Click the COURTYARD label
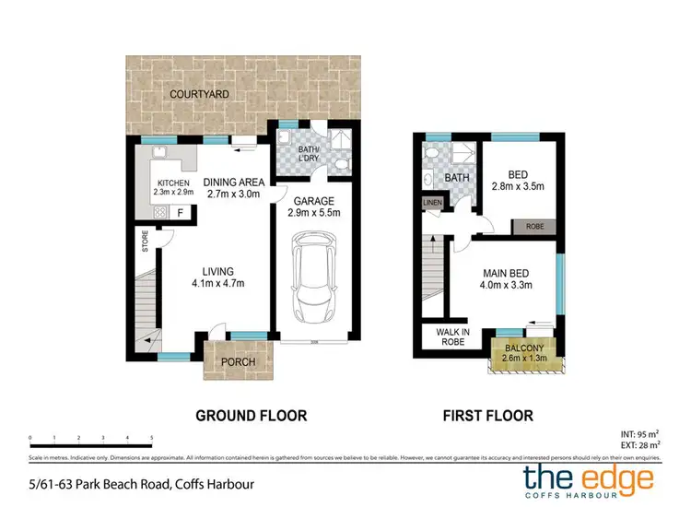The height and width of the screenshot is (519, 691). click(x=198, y=94)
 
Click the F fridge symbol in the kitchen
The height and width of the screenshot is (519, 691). click(x=181, y=212)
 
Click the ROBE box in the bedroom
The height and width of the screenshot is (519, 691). click(x=538, y=226)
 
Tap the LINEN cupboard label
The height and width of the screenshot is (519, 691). click(x=432, y=203)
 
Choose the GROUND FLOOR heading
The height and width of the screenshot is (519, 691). click(x=251, y=416)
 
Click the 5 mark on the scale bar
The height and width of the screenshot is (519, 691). click(x=151, y=438)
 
